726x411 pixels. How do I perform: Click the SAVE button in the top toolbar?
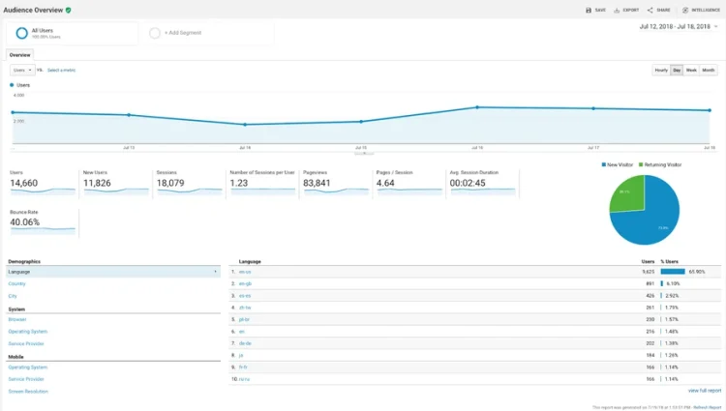[596, 10]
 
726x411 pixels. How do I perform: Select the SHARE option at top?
[659, 10]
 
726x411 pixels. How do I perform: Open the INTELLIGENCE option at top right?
[700, 10]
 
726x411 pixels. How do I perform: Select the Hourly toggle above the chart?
[661, 71]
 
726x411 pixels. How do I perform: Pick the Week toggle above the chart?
[691, 71]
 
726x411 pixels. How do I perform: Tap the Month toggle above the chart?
[709, 71]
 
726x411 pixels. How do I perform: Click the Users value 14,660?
[24, 183]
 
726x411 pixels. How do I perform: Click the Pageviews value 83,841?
[317, 183]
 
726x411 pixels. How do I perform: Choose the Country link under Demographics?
[16, 284]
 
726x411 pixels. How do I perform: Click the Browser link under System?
[17, 319]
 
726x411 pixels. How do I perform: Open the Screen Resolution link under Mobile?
[28, 391]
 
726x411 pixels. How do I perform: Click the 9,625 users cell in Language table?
[648, 272]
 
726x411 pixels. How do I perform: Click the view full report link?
[705, 391]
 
